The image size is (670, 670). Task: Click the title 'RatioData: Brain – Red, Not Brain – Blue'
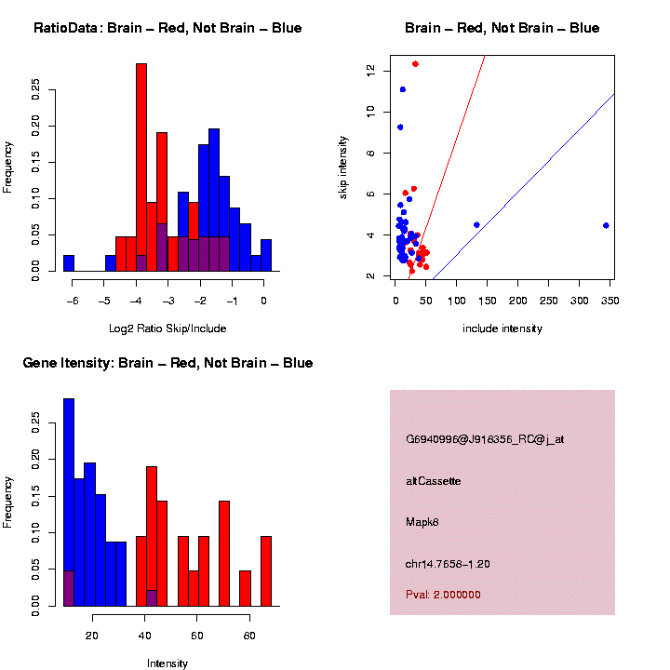pos(167,28)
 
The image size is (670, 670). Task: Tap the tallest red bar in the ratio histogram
pos(141,167)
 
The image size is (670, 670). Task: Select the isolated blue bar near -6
pos(69,263)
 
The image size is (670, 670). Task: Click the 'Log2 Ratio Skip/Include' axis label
pos(167,328)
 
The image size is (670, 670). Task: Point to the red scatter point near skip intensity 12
pos(415,63)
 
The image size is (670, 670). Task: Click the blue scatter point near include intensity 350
pos(606,225)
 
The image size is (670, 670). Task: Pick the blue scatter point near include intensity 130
pos(476,224)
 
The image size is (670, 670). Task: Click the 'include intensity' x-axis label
pos(502,328)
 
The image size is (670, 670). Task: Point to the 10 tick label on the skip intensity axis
pos(370,112)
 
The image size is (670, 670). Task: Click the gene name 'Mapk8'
pos(422,522)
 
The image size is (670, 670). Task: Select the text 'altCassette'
pos(433,481)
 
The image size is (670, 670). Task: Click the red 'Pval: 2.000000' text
pos(443,595)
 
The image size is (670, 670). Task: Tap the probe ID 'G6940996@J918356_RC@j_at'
pos(485,439)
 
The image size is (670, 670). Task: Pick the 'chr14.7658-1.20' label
pos(448,564)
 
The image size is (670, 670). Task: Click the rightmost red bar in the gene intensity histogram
pos(266,571)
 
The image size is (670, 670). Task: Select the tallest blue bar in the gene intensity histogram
pos(69,502)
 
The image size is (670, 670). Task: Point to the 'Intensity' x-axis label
pos(167,663)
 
